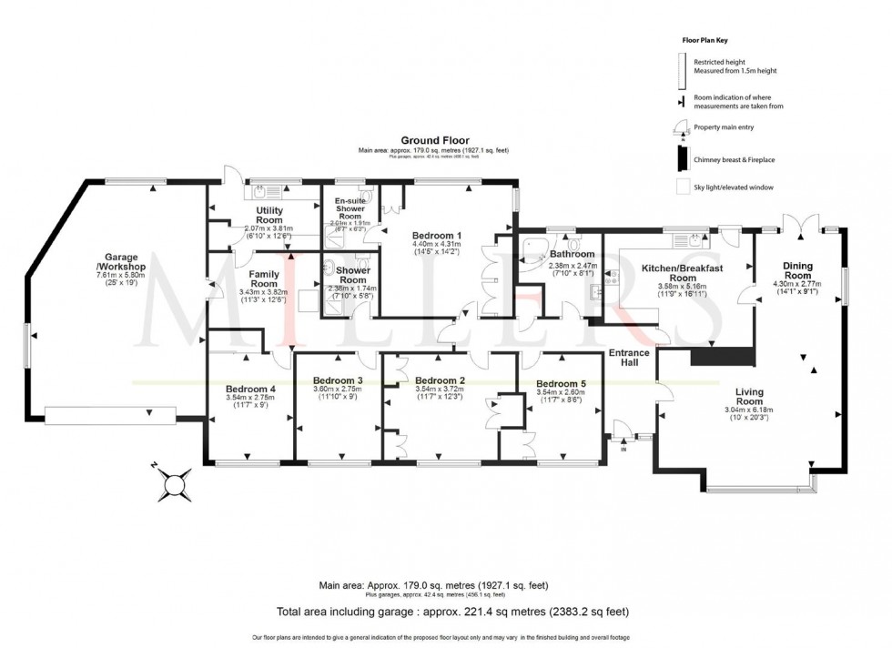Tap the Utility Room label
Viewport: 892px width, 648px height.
pos(269,216)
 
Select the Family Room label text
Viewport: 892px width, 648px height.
pos(264,278)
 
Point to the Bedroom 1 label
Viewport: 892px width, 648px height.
pos(437,235)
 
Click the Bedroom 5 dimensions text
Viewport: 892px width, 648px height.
pos(562,395)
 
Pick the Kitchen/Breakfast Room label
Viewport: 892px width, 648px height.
pos(682,274)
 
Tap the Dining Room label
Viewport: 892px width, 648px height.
pos(797,270)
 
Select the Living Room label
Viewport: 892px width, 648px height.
pos(749,396)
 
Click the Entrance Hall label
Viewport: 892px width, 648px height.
pos(629,358)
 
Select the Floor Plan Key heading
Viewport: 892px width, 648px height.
pos(705,41)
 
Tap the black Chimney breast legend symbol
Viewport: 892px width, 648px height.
pos(679,159)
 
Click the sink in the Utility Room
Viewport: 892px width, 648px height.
pos(260,192)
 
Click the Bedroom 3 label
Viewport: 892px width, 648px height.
pos(338,380)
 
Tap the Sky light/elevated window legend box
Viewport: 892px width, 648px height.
pos(679,188)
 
